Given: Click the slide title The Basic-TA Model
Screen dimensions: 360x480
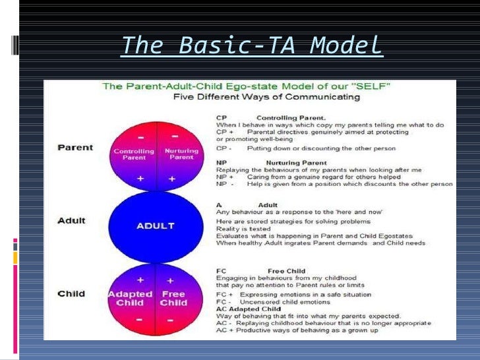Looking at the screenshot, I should click(x=252, y=46).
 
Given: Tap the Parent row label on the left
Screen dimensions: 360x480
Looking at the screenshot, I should click(x=75, y=147).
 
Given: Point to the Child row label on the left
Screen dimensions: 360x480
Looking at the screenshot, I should click(x=71, y=293).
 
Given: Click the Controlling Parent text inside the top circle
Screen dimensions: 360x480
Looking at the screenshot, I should click(x=134, y=154).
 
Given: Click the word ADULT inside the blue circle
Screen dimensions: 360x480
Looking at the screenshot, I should click(x=155, y=226).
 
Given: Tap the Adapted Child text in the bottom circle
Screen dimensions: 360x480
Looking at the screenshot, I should click(x=131, y=298).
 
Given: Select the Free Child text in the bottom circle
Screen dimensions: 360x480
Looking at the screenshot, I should click(x=173, y=298).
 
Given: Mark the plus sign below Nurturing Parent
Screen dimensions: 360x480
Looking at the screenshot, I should click(x=171, y=179).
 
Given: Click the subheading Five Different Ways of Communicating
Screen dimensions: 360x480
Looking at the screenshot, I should click(x=266, y=98).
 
